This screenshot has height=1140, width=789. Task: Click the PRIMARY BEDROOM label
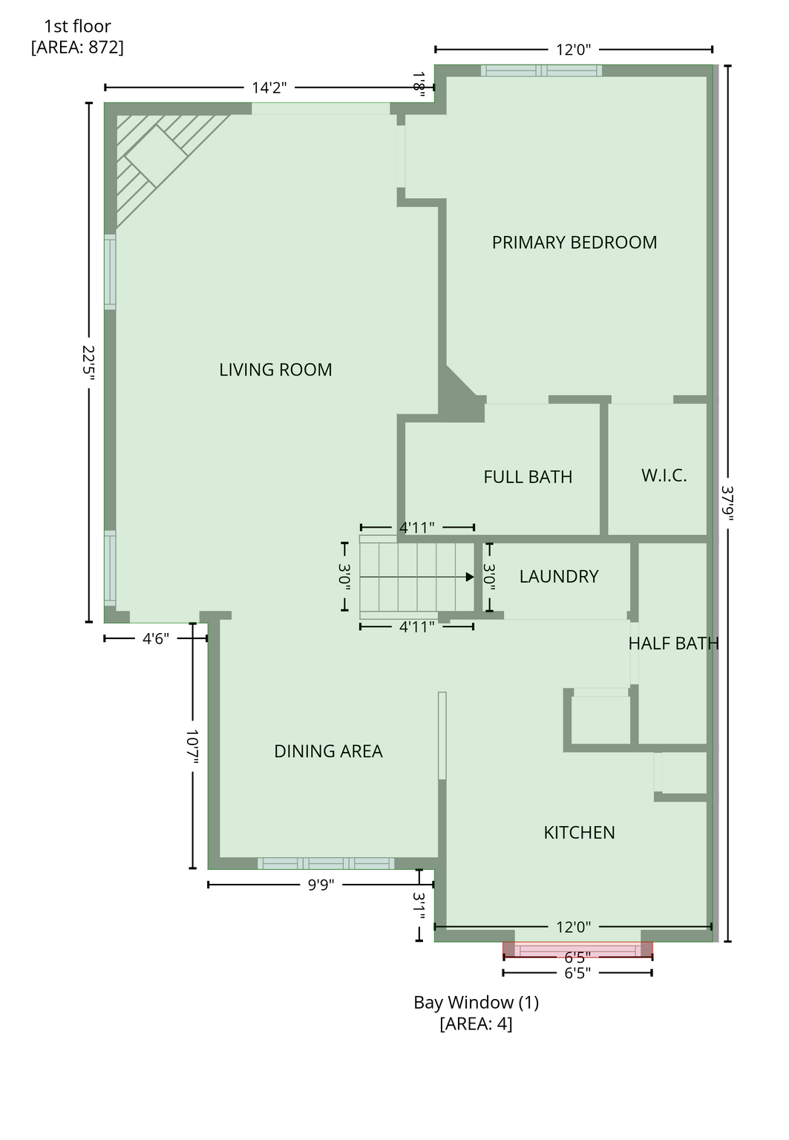574,242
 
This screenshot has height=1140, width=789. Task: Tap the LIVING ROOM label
275,370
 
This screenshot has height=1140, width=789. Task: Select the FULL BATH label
528,477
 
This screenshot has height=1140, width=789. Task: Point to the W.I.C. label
664,475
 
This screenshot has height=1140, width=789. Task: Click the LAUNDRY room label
559,576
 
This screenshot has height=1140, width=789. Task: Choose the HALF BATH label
673,643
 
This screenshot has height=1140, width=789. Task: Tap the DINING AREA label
328,751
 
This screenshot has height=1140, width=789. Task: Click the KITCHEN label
579,833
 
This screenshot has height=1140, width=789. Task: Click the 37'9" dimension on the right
727,503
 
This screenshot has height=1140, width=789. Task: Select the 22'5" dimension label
88,363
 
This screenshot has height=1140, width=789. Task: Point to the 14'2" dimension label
269,88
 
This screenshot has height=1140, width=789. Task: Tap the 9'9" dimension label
321,885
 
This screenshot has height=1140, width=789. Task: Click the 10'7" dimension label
192,747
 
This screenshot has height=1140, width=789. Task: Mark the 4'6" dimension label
155,639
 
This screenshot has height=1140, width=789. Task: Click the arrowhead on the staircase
470,577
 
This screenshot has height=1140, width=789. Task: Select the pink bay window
577,950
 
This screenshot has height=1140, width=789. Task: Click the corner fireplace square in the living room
156,157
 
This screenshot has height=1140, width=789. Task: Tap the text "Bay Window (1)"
476,1002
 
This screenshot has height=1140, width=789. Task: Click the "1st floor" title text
77,26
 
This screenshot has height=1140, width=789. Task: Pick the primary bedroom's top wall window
542,71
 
